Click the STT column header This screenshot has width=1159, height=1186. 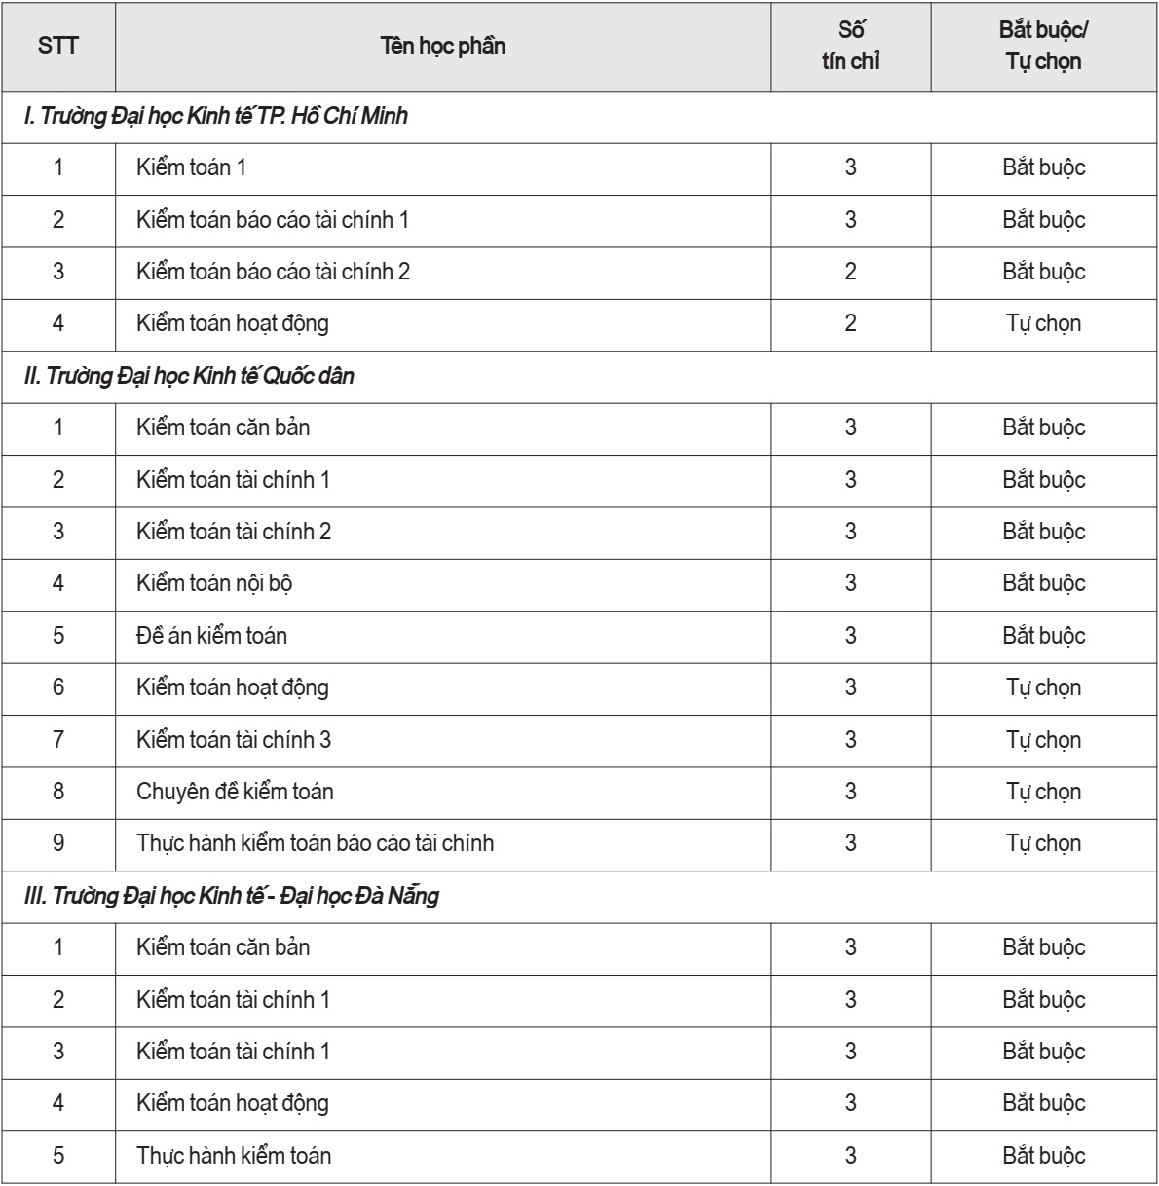(57, 46)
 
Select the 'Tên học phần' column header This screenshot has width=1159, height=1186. (443, 46)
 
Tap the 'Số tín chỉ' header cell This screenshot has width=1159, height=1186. (850, 46)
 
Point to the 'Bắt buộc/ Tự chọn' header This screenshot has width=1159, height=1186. (1043, 46)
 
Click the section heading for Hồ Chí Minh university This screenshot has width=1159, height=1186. (216, 117)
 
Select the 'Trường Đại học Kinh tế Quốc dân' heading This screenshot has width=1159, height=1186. (189, 376)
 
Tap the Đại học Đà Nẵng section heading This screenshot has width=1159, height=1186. (231, 896)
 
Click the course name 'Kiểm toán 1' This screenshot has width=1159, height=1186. (191, 167)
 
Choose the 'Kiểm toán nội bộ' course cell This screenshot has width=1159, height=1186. (214, 583)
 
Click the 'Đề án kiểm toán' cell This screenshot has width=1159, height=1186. (211, 636)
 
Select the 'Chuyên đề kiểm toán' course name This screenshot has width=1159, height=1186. (235, 792)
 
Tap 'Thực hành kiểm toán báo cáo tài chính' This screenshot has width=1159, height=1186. (315, 843)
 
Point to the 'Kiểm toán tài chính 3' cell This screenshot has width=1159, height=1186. (234, 740)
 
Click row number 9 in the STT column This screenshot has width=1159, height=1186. (57, 843)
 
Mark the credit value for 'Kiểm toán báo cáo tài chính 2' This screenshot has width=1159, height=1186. (850, 272)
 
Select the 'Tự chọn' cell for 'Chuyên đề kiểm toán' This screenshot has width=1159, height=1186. (1043, 792)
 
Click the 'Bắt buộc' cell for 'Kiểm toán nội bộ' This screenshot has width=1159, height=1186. (1043, 583)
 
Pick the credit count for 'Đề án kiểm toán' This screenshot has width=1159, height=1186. (850, 636)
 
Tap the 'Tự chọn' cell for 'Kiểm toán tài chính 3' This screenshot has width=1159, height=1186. (1043, 740)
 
